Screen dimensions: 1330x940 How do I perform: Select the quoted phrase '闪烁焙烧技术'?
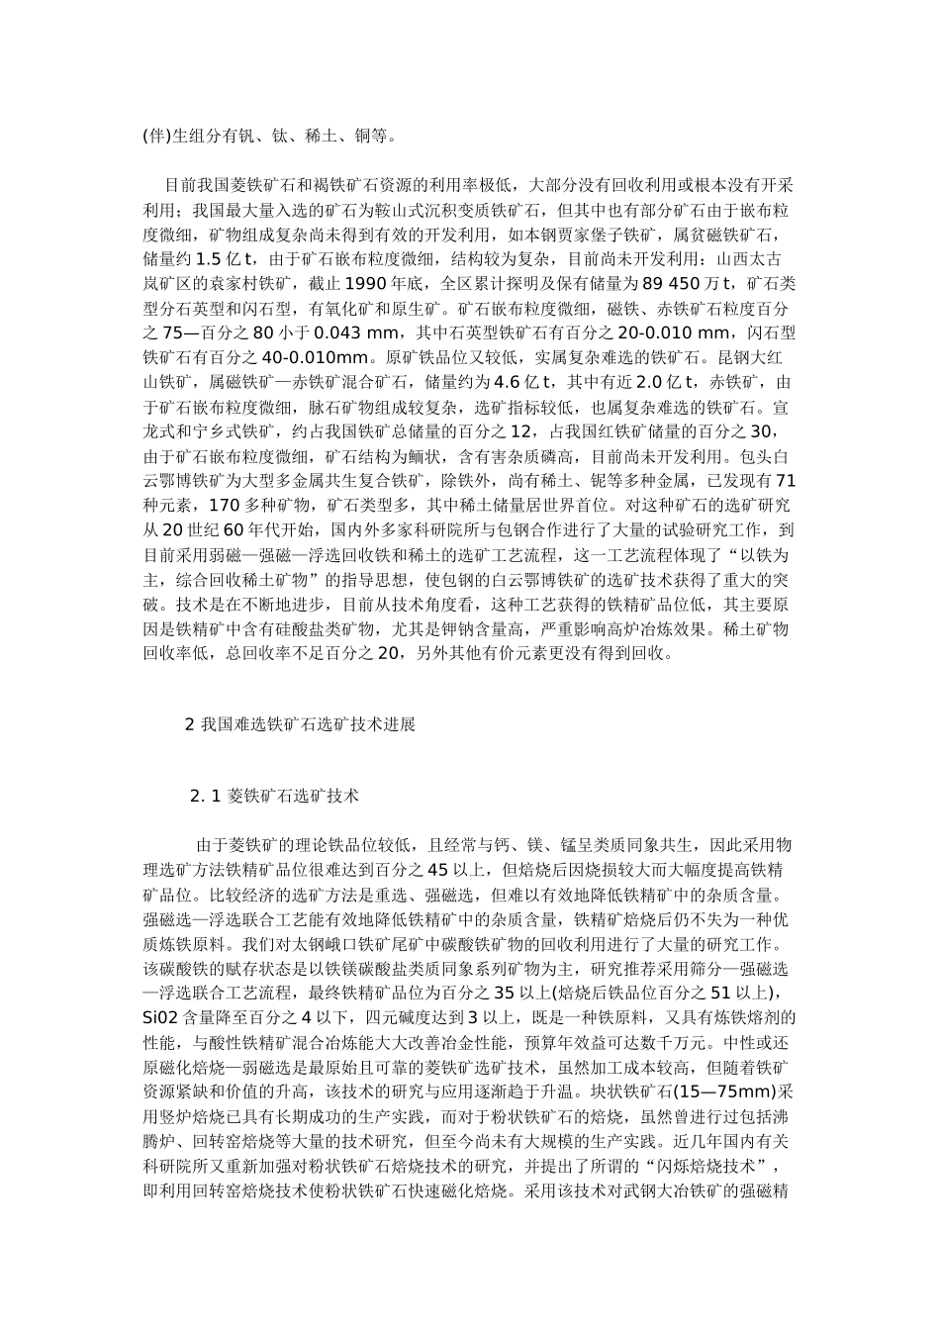[705, 1163]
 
